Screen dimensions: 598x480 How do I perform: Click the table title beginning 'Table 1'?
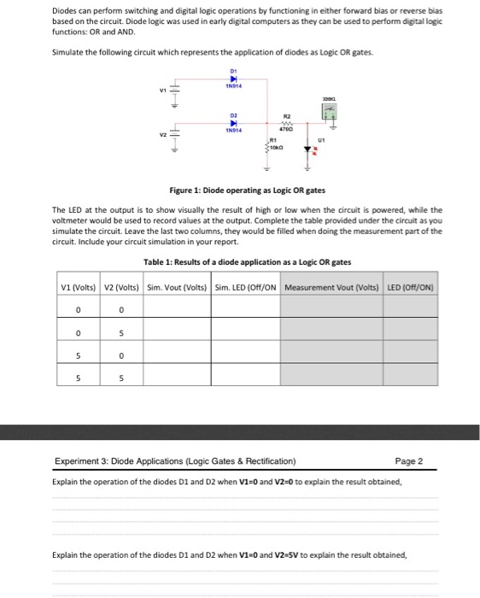247,261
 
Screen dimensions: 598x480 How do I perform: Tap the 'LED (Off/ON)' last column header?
410,286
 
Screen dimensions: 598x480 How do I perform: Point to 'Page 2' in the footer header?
409,461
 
